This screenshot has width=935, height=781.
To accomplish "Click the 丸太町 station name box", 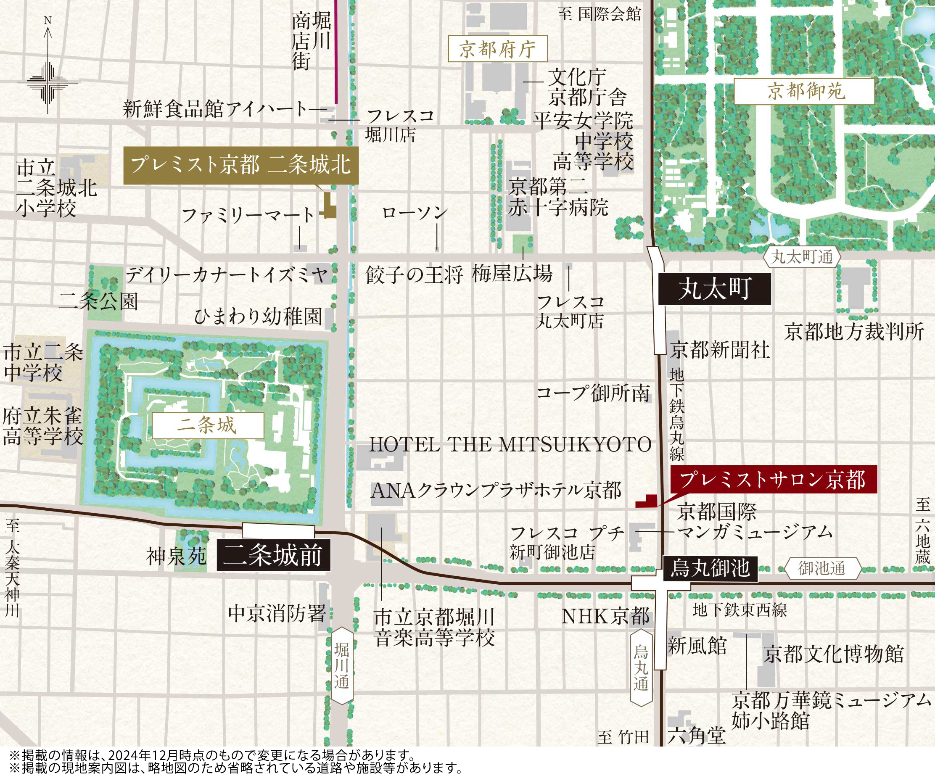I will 714,288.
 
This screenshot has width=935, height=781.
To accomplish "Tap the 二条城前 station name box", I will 273,555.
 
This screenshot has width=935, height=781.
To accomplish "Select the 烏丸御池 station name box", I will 710,569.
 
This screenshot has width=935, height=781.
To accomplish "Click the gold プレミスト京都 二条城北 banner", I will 240,165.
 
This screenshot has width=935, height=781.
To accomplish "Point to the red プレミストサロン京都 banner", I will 773,479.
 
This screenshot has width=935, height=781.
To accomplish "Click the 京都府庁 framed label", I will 497,49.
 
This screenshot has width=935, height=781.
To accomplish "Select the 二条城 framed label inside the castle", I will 208,425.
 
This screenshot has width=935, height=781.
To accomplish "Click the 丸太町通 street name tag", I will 802,257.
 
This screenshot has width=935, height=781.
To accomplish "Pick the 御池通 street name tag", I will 822,569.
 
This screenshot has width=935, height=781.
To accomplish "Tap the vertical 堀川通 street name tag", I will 342,666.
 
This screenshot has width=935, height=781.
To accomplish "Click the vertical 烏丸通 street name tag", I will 641,668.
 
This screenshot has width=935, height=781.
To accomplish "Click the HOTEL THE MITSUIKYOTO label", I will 510,444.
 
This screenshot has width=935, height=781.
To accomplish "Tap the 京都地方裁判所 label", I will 854,332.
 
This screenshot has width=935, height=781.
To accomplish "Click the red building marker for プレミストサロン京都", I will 646,502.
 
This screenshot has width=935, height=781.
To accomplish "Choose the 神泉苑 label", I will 176,556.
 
